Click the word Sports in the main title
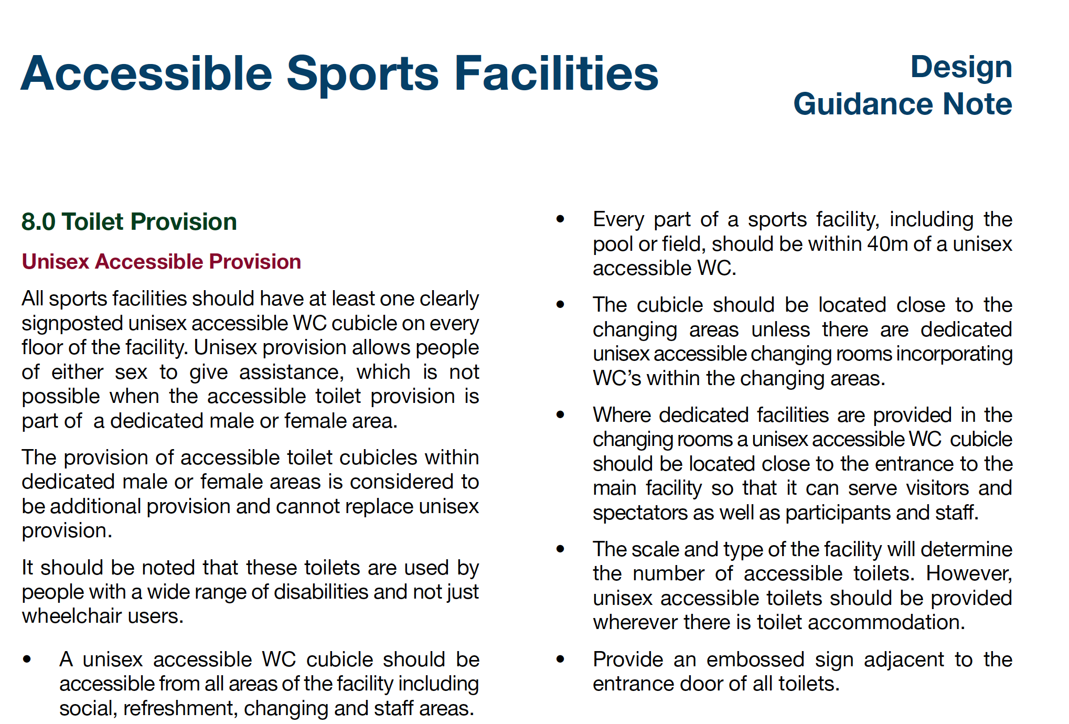click(x=362, y=74)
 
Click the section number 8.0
click(x=38, y=222)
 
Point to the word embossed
click(x=755, y=659)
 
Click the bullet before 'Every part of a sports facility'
click(x=560, y=219)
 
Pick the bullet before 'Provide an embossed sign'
click(x=560, y=659)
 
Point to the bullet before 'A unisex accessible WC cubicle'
click(x=27, y=659)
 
